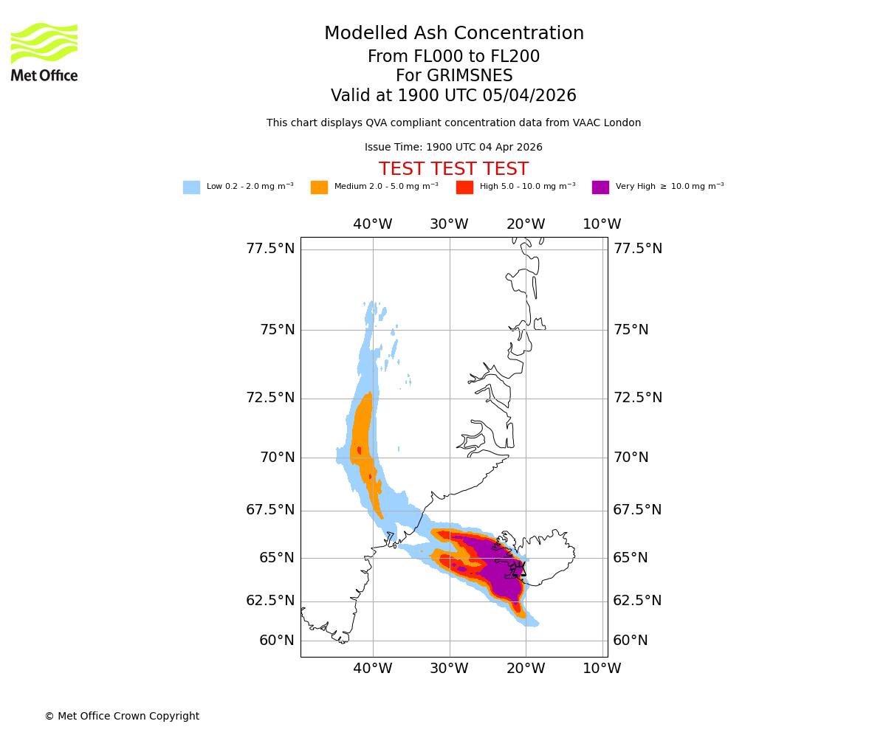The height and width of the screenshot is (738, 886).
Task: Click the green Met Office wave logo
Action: click(44, 43)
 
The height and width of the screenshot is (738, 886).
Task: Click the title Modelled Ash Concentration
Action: click(454, 34)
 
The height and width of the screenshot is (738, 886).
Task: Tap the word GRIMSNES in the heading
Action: click(454, 76)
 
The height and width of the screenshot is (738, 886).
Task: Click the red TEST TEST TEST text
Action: click(454, 169)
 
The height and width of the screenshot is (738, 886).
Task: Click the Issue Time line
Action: click(453, 148)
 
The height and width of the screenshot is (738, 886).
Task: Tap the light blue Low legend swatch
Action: click(191, 187)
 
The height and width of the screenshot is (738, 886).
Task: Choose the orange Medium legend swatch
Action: click(319, 187)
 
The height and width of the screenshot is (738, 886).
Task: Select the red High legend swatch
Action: click(464, 187)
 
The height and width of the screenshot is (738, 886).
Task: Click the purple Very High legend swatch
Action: click(600, 187)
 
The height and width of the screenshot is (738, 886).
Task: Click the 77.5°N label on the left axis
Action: click(270, 249)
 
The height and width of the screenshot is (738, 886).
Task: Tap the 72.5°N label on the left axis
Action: click(270, 398)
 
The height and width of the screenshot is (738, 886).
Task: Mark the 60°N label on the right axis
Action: click(631, 641)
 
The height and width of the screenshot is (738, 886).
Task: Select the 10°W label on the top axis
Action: click(602, 224)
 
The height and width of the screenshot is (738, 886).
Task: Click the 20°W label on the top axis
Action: click(526, 224)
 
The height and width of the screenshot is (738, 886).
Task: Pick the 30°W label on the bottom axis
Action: click(449, 669)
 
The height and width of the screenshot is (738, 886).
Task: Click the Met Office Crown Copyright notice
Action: click(122, 717)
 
